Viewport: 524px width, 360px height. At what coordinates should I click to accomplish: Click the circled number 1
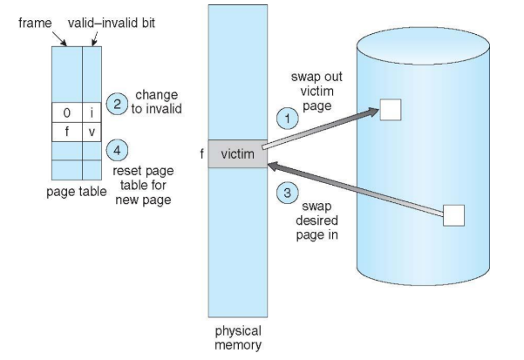tap(288, 119)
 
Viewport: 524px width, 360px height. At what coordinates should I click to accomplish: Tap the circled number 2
tap(117, 104)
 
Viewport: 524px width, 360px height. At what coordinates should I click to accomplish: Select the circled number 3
tap(288, 193)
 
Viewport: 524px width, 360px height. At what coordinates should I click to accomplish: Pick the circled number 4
tap(117, 150)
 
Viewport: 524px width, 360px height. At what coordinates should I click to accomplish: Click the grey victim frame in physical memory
tap(238, 154)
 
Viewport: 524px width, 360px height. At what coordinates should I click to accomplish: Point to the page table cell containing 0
tap(67, 112)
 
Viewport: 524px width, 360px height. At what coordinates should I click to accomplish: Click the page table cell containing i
tap(92, 112)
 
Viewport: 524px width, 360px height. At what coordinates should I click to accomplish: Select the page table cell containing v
tap(92, 132)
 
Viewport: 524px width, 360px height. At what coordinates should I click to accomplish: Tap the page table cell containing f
tap(67, 132)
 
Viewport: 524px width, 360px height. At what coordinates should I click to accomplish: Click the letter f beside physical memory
tap(202, 154)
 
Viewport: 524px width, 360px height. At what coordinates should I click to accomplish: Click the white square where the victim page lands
tap(391, 110)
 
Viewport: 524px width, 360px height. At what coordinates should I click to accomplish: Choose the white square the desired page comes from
tap(454, 215)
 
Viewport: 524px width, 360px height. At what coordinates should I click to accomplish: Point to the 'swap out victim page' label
tap(316, 92)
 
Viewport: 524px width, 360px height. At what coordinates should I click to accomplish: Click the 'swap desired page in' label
tap(316, 221)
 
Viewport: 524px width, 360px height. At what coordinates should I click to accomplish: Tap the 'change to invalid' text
tap(156, 102)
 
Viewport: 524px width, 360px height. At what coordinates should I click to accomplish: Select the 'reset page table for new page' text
tap(143, 185)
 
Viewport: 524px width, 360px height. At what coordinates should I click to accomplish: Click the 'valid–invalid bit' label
tap(112, 23)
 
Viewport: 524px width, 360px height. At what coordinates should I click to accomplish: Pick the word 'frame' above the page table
tap(35, 23)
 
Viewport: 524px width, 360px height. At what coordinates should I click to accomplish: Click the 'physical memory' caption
tap(238, 337)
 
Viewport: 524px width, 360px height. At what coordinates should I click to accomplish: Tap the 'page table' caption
tap(77, 192)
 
